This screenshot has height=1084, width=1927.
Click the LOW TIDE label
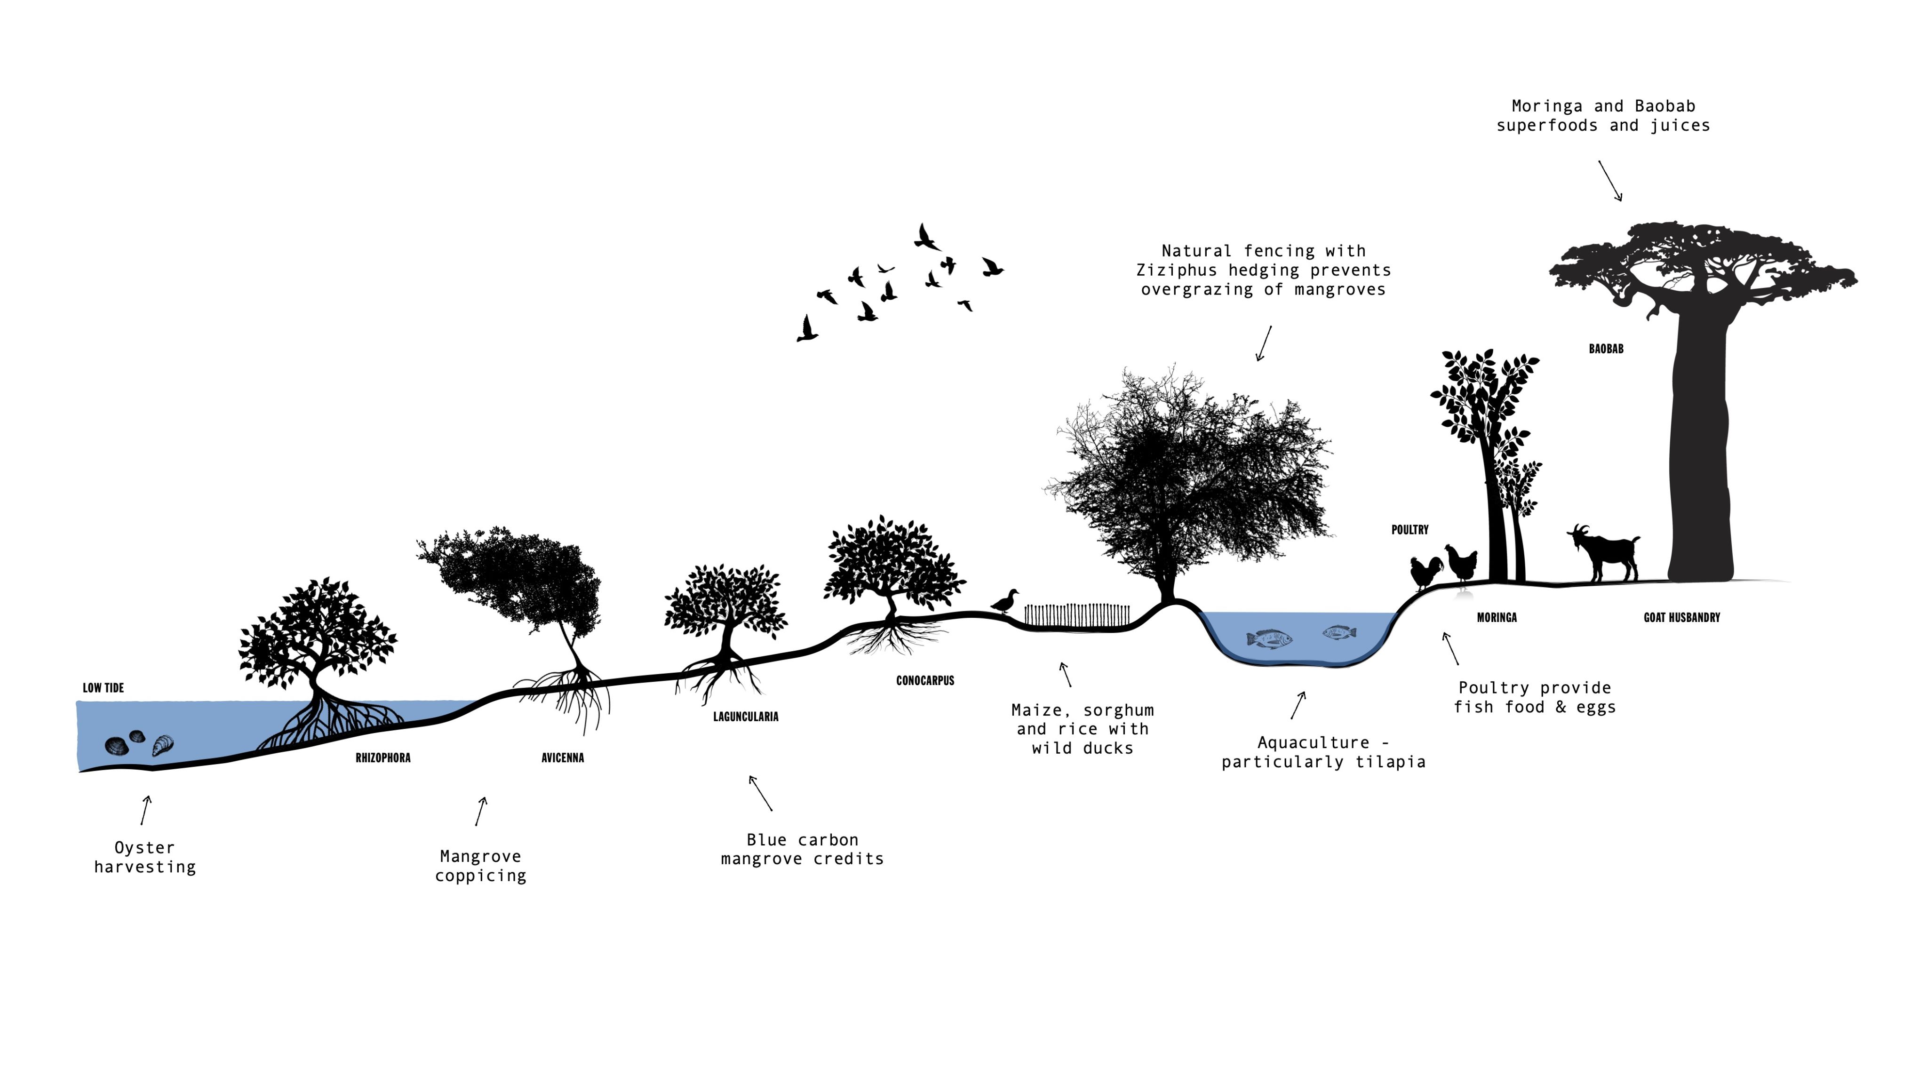tap(103, 687)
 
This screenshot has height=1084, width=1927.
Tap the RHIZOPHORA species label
tap(383, 758)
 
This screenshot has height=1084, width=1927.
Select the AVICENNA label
tap(563, 758)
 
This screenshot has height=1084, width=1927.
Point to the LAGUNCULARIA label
tap(746, 717)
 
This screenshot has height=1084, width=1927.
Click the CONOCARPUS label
tap(925, 681)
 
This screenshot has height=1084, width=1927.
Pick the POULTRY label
tap(1410, 530)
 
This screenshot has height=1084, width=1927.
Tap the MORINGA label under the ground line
tap(1497, 617)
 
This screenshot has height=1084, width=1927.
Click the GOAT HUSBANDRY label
tap(1681, 617)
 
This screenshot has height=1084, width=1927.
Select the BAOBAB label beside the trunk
tap(1606, 349)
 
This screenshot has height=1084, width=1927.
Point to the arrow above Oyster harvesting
tap(146, 810)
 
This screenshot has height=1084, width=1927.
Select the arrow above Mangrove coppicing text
tap(481, 811)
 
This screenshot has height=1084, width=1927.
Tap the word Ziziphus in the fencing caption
tap(1177, 270)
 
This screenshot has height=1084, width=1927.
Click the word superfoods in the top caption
tap(1546, 126)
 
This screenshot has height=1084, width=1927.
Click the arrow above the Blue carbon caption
tap(760, 793)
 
